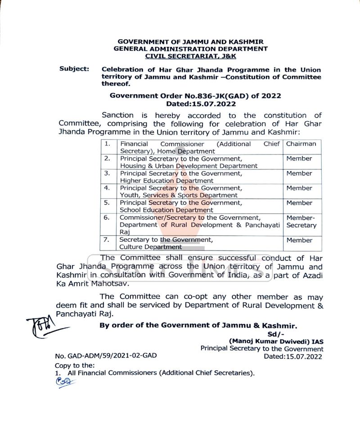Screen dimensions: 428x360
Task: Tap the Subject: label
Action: click(x=74, y=70)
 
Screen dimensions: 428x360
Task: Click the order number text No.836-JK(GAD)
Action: click(x=221, y=96)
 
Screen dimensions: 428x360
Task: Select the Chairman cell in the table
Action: click(x=301, y=144)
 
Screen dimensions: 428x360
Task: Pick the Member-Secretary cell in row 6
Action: click(x=301, y=221)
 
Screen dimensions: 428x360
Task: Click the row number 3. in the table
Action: click(x=107, y=173)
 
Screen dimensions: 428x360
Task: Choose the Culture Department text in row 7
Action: click(x=151, y=247)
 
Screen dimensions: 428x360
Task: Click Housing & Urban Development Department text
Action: click(x=189, y=166)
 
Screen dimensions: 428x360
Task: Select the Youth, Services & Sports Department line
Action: click(x=179, y=195)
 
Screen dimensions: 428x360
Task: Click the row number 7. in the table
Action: click(x=107, y=240)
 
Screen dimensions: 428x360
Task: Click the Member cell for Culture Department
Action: click(x=299, y=240)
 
